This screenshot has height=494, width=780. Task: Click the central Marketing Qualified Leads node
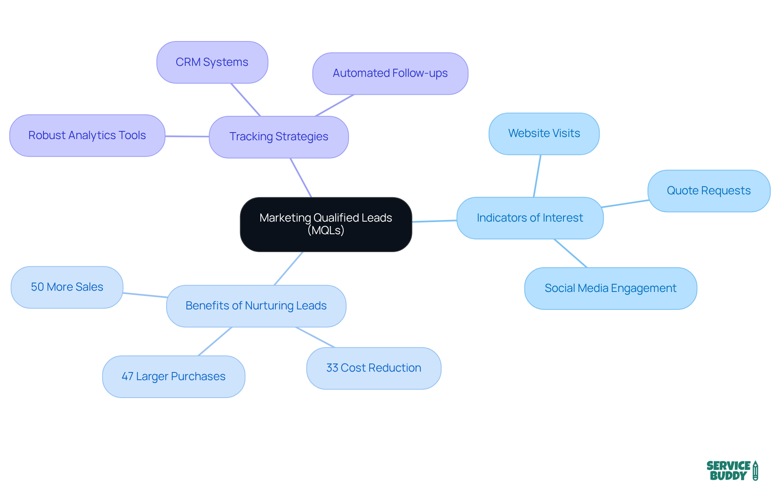pyautogui.click(x=326, y=224)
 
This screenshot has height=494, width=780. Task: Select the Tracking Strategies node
pyautogui.click(x=279, y=137)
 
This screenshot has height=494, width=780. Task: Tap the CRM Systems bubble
pyautogui.click(x=212, y=62)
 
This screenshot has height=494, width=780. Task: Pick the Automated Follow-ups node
pyautogui.click(x=390, y=74)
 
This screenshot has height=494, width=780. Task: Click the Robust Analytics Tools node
pyautogui.click(x=87, y=135)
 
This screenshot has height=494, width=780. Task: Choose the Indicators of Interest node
pyautogui.click(x=530, y=218)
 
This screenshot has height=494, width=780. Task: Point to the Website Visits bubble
pyautogui.click(x=544, y=134)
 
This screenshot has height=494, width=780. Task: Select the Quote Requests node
pyautogui.click(x=708, y=191)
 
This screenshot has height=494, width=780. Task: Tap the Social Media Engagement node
pyautogui.click(x=610, y=289)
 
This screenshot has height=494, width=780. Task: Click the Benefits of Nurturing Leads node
pyautogui.click(x=256, y=306)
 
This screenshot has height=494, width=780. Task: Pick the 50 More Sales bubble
pyautogui.click(x=67, y=287)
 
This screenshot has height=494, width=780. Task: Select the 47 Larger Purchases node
pyautogui.click(x=173, y=377)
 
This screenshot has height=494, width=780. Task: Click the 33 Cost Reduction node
pyautogui.click(x=373, y=368)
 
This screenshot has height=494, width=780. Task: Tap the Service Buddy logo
pyautogui.click(x=732, y=471)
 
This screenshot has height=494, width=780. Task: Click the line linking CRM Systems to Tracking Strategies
pyautogui.click(x=245, y=100)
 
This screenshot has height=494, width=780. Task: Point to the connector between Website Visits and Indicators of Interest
pyautogui.click(x=537, y=176)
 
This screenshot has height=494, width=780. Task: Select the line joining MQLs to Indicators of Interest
pyautogui.click(x=434, y=221)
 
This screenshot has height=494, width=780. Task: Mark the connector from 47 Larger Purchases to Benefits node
pyautogui.click(x=215, y=342)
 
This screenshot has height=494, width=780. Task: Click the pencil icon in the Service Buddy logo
pyautogui.click(x=755, y=471)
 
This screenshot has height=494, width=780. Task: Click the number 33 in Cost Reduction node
pyautogui.click(x=332, y=368)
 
